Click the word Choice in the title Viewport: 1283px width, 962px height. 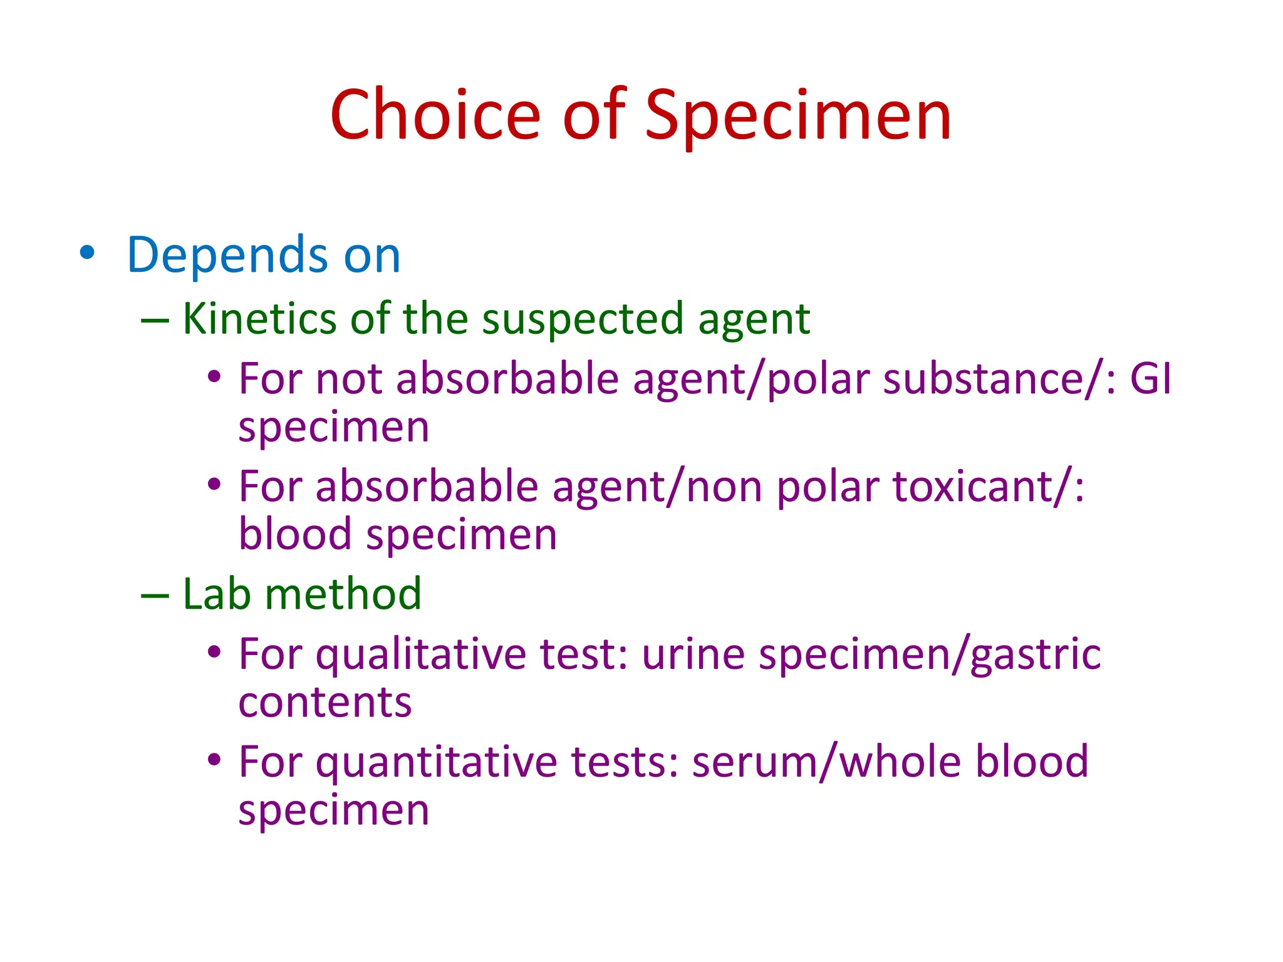(435, 115)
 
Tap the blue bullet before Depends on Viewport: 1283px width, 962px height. (88, 253)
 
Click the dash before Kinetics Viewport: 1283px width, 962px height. (155, 321)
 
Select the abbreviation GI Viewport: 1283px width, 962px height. (1150, 379)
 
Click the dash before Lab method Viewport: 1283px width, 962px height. (155, 595)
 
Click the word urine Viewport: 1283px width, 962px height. (693, 655)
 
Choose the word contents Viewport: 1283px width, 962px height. (325, 703)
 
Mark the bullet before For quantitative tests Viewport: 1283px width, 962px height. (214, 760)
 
